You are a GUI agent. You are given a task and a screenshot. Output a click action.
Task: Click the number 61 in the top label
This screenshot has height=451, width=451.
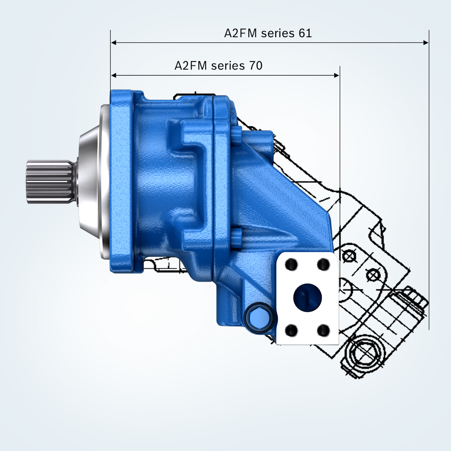pyautogui.click(x=305, y=33)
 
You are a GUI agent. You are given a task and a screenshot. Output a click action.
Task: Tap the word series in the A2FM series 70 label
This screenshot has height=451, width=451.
pyautogui.click(x=228, y=66)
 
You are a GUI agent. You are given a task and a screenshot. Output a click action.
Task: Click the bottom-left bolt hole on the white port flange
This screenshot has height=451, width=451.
pyautogui.click(x=291, y=331)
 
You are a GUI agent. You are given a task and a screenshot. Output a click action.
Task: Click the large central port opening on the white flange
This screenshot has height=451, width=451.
pyautogui.click(x=307, y=298)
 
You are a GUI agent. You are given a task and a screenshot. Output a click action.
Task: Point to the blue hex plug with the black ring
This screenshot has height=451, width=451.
pyautogui.click(x=259, y=318)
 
